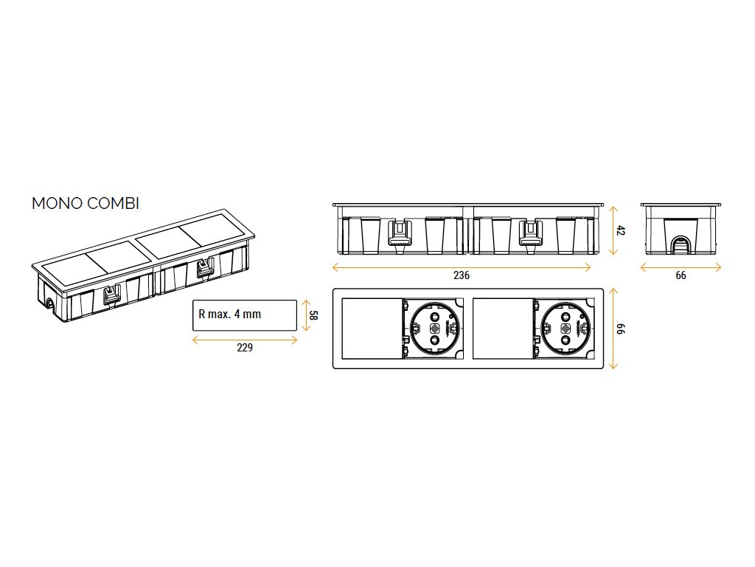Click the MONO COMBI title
click(x=86, y=204)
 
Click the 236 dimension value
click(x=461, y=275)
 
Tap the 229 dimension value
click(x=245, y=348)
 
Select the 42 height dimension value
click(x=621, y=230)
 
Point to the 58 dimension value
click(x=313, y=315)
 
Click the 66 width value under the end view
click(x=681, y=275)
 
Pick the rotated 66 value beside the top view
click(x=621, y=329)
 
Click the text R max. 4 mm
click(x=230, y=315)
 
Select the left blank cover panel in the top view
click(x=372, y=328)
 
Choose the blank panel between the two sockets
click(x=502, y=328)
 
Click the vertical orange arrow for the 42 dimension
click(x=611, y=230)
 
